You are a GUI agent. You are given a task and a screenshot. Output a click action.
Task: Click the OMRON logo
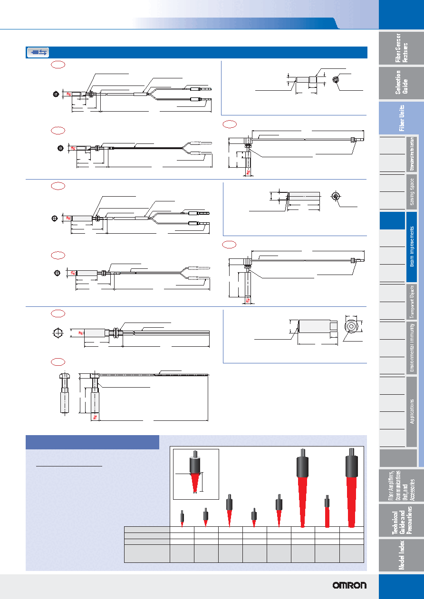(349, 585)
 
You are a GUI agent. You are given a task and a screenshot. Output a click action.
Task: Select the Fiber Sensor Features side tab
(401, 48)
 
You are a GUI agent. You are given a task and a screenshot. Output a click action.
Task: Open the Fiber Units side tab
(401, 118)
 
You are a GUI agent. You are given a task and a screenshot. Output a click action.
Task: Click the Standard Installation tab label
(412, 154)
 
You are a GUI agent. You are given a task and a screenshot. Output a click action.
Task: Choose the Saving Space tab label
(412, 192)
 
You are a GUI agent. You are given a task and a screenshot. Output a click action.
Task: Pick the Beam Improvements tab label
(412, 247)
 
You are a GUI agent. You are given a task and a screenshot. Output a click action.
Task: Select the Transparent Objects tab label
(412, 302)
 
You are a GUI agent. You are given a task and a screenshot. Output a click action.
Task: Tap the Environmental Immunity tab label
(412, 348)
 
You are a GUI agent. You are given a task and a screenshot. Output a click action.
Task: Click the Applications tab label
(412, 411)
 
